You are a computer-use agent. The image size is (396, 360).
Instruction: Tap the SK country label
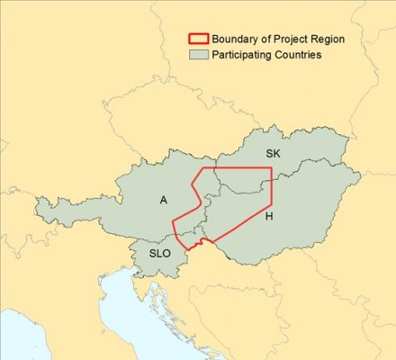pyautogui.click(x=274, y=155)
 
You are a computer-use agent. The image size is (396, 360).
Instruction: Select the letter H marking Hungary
pyautogui.click(x=268, y=217)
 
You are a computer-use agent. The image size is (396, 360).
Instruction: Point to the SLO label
pyautogui.click(x=159, y=254)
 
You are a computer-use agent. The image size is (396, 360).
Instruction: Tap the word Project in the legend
pyautogui.click(x=288, y=39)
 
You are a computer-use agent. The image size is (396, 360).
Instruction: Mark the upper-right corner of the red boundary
pyautogui.click(x=272, y=168)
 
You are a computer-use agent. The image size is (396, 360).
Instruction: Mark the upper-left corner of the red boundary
pyautogui.click(x=201, y=168)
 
